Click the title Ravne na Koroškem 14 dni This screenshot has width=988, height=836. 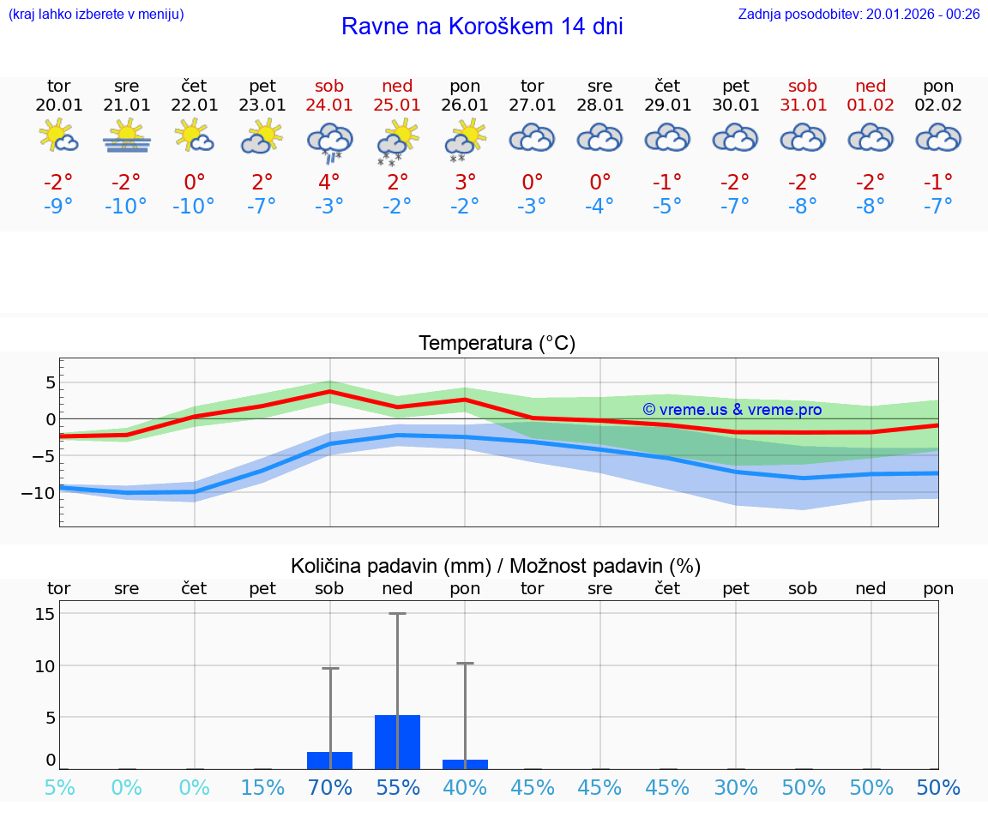pos(482,27)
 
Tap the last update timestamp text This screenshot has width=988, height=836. pos(858,14)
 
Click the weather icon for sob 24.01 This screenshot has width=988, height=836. pos(330,141)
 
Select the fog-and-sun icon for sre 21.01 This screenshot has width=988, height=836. pos(127,136)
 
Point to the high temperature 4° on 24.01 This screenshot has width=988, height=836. pos(329,183)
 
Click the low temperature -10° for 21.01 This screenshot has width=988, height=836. pos(126,207)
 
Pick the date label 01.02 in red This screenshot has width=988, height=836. pos(871,105)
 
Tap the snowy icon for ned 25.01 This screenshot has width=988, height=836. pos(397,141)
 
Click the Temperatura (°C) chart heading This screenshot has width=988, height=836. pos(497,344)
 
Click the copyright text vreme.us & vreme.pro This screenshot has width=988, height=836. pos(732,410)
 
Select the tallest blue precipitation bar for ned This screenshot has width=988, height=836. pos(397,742)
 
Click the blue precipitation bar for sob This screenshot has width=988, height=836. pos(330,761)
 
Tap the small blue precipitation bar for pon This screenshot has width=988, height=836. pos(465,764)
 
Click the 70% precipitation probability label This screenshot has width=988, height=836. pos(330,788)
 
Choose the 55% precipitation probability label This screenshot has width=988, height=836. pos(397,788)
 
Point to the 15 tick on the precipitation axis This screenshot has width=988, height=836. pos(45,614)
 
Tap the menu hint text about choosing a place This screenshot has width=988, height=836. pos(96,14)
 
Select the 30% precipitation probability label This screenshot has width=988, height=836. pos(736,788)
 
